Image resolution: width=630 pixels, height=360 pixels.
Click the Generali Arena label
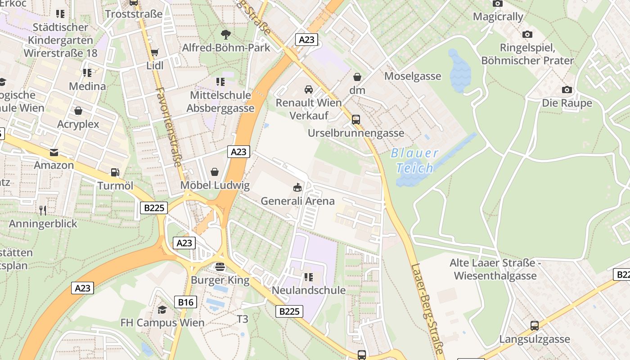[297, 201]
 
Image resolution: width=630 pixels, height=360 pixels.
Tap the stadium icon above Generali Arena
[297, 187]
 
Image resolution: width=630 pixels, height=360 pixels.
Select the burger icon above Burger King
[220, 266]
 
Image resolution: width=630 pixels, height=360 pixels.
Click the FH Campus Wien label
[162, 323]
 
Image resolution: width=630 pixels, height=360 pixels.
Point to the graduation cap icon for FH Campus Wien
[162, 310]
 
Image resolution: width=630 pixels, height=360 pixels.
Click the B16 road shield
[185, 302]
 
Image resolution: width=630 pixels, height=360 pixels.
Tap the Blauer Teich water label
[414, 161]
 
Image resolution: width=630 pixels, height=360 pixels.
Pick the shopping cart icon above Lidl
[154, 52]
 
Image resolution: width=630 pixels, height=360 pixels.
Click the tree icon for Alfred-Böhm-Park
[225, 34]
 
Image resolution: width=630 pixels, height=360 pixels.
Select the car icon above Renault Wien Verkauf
[308, 89]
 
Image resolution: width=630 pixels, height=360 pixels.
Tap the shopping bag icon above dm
[357, 77]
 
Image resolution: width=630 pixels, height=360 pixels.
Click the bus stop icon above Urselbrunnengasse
[356, 120]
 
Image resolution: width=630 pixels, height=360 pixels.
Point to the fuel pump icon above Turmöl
[115, 172]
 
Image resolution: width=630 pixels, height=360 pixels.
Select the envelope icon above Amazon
[54, 152]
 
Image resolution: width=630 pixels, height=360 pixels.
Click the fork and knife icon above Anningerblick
[43, 210]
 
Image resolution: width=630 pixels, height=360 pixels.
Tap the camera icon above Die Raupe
[567, 90]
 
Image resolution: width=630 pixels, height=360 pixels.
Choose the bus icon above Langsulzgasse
[535, 325]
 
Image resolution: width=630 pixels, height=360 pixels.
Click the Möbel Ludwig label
[215, 185]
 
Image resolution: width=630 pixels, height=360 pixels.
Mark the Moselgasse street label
[413, 76]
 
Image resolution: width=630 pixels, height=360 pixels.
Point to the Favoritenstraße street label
[169, 127]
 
